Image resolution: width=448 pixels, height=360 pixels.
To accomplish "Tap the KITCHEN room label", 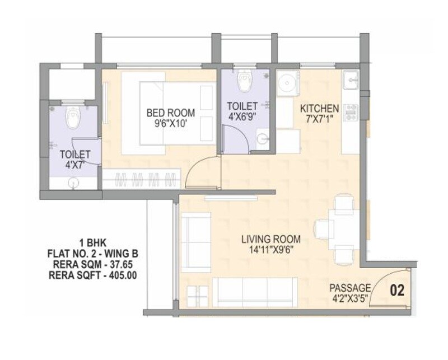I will pyautogui.click(x=319, y=107).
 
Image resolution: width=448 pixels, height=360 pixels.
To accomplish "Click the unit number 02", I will pyautogui.click(x=396, y=291).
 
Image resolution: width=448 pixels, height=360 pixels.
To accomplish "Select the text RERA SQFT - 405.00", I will pyautogui.click(x=92, y=275).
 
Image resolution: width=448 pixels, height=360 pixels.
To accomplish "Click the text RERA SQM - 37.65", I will pyautogui.click(x=92, y=264).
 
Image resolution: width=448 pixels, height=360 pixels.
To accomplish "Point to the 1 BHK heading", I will pyautogui.click(x=92, y=243).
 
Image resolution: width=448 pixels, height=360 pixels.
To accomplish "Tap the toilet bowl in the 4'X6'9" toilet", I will pyautogui.click(x=245, y=82).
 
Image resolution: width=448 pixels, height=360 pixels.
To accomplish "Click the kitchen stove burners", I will pyautogui.click(x=352, y=113).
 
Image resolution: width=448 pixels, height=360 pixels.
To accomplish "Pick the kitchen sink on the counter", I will pyautogui.click(x=352, y=80).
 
